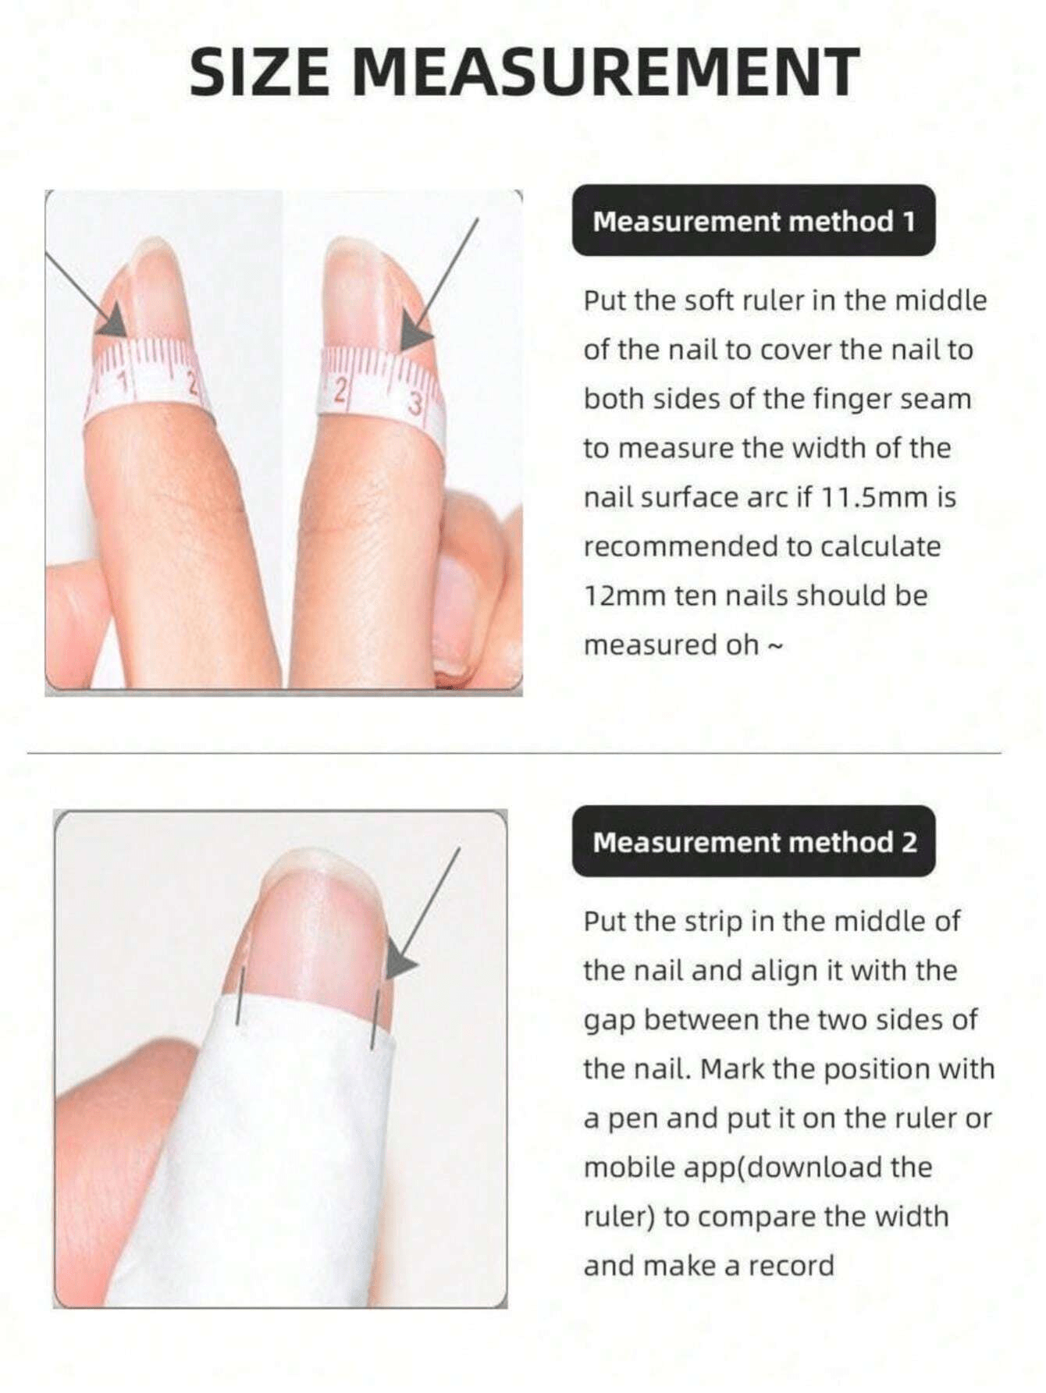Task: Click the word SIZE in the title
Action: [260, 72]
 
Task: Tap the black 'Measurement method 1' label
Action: [753, 221]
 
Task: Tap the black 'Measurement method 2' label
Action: [754, 842]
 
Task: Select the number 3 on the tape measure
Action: [415, 404]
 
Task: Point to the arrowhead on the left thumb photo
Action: [114, 322]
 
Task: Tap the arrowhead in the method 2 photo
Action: [401, 965]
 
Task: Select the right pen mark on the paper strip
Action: [375, 1018]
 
